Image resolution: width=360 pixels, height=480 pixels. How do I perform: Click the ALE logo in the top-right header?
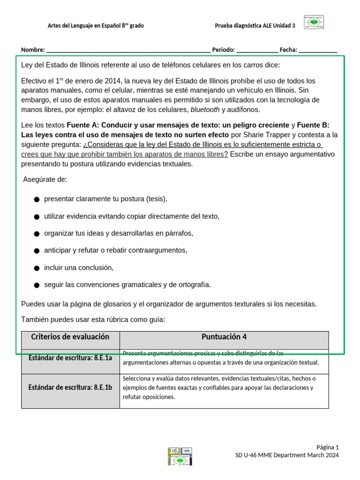[314, 22]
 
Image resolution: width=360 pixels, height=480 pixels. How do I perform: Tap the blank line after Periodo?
[257, 50]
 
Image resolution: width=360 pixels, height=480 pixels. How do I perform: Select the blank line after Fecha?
[318, 50]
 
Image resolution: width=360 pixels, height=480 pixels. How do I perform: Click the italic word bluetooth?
[205, 110]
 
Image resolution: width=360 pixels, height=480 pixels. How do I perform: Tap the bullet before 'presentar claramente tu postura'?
[37, 199]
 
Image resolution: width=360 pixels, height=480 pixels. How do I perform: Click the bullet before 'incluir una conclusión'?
[37, 268]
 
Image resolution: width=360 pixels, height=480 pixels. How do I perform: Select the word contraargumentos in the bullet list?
[160, 250]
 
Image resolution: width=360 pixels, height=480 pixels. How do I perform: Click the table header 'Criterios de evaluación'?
[70, 337]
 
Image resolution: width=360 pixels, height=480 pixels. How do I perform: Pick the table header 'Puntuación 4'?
[224, 337]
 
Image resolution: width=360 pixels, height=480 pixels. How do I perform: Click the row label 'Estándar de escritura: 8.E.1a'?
[70, 358]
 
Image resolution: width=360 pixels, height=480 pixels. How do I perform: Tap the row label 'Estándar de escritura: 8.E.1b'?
[70, 387]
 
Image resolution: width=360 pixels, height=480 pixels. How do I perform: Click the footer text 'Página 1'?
[327, 447]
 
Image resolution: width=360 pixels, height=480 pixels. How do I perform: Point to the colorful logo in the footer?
[180, 456]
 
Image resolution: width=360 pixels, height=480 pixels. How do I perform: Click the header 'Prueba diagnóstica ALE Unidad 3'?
[255, 26]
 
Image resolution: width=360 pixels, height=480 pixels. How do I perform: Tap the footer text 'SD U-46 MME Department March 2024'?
[286, 455]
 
